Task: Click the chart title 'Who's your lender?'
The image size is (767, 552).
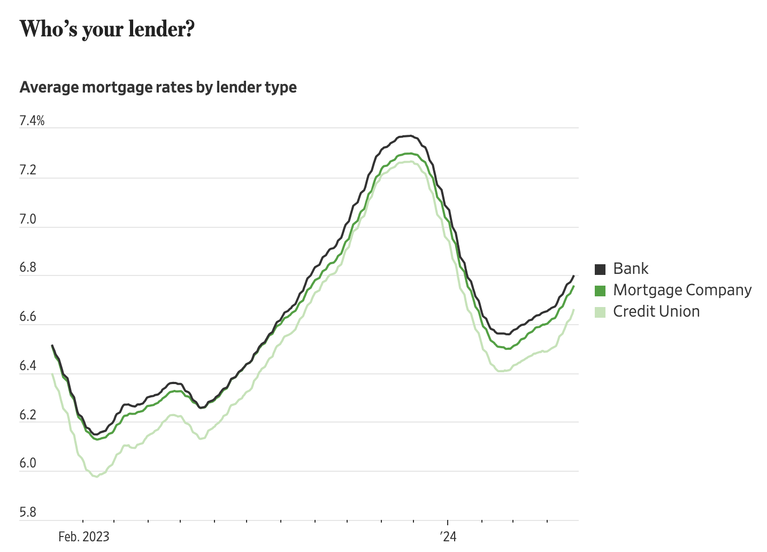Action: click(x=107, y=29)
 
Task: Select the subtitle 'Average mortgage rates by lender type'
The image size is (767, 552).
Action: click(x=158, y=87)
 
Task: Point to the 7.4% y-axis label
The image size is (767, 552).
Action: click(x=32, y=121)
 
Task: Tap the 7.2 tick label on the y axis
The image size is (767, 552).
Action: click(x=28, y=170)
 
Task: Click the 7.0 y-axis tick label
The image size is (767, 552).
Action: click(x=28, y=219)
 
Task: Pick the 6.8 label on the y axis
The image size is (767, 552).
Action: click(x=28, y=268)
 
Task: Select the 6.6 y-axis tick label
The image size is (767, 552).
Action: click(x=28, y=317)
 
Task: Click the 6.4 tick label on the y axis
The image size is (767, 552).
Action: click(x=28, y=366)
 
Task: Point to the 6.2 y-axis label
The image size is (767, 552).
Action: click(x=28, y=415)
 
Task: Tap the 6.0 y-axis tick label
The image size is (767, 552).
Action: click(x=28, y=463)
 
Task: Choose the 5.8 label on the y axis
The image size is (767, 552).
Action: click(x=28, y=512)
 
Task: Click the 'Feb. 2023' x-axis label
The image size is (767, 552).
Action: click(x=83, y=536)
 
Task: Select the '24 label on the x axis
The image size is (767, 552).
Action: click(x=448, y=536)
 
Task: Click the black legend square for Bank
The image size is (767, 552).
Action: click(x=600, y=269)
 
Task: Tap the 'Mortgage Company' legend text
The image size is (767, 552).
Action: click(x=682, y=290)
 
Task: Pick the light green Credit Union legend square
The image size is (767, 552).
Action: click(x=600, y=312)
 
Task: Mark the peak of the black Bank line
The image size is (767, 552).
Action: click(x=409, y=136)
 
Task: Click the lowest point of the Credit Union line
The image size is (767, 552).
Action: click(x=96, y=477)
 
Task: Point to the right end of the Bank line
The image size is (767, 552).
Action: click(x=573, y=276)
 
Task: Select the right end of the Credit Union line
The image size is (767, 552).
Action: click(x=574, y=310)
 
